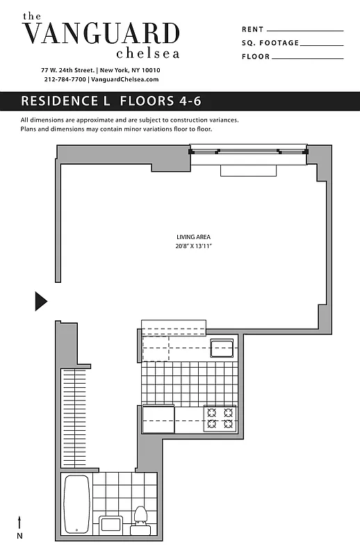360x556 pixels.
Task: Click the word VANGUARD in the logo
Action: tap(101, 33)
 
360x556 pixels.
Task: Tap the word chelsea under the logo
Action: tap(148, 53)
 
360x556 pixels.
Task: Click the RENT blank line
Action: tap(304, 31)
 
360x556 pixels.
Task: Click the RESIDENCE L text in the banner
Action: tap(65, 101)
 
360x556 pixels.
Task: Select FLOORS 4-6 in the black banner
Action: tap(161, 101)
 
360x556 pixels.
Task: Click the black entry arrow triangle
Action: tap(40, 301)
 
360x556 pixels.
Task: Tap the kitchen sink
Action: tap(222, 347)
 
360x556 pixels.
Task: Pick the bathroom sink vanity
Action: tap(110, 525)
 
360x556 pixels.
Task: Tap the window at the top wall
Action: tap(248, 151)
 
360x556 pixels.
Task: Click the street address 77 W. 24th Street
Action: tap(68, 70)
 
